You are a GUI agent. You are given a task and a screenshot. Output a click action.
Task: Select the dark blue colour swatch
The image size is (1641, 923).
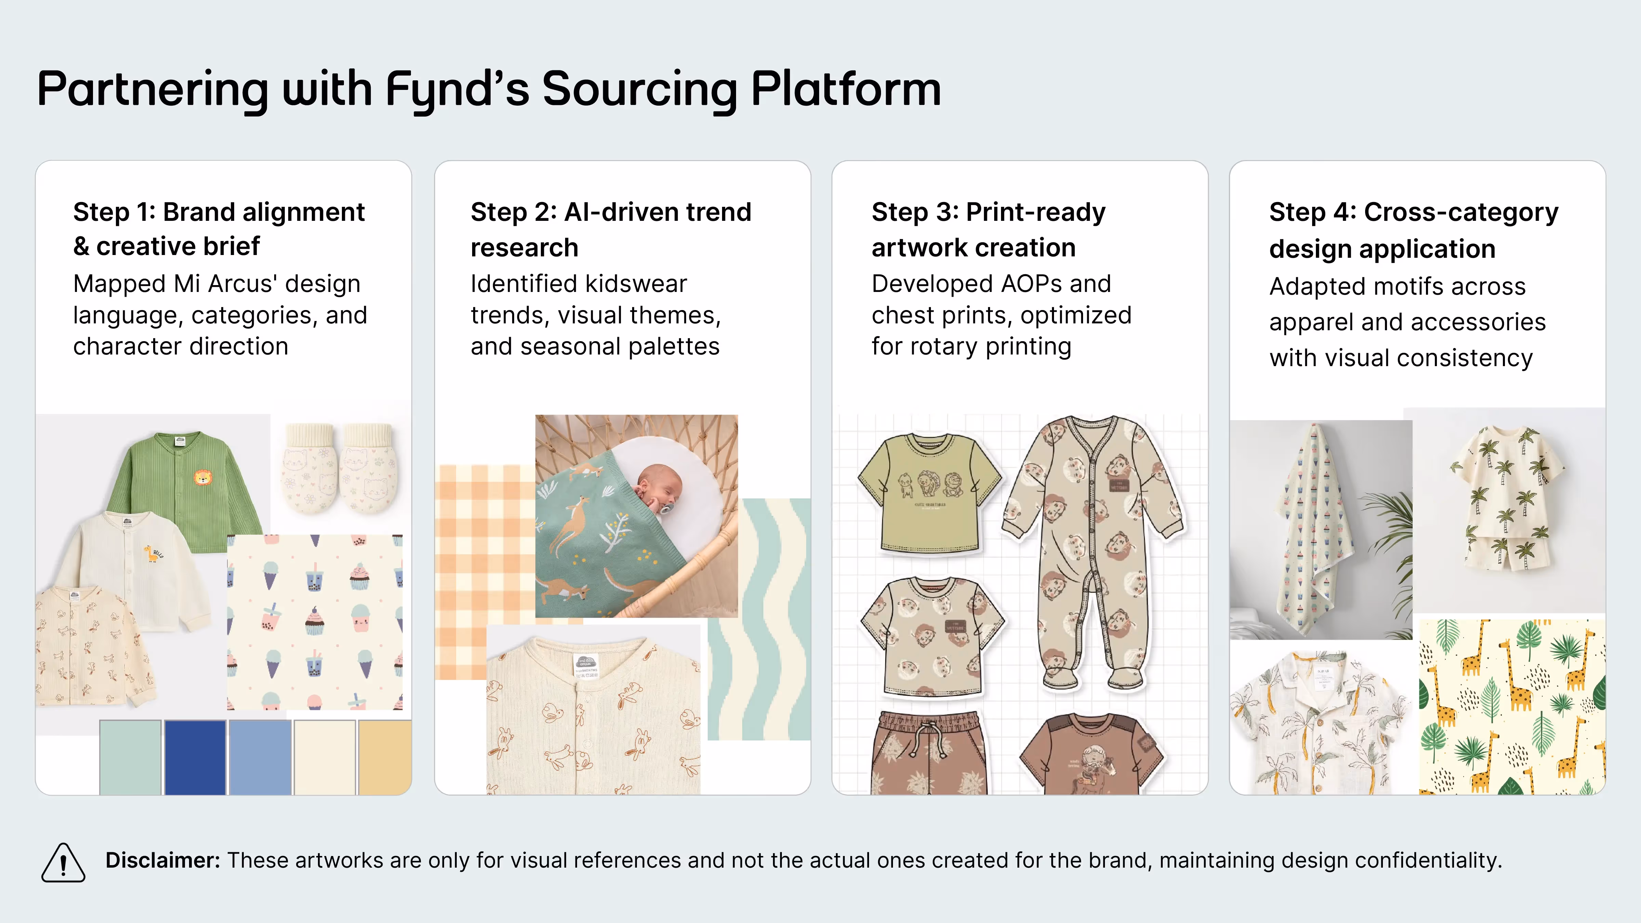(195, 757)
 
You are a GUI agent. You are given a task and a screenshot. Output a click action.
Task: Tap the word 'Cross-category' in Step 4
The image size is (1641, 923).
(1461, 212)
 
